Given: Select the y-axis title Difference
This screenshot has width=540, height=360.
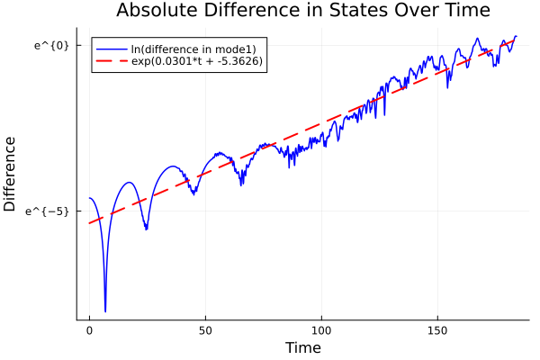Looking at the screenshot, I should point(10,174).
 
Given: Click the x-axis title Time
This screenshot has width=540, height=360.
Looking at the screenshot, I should point(302,347).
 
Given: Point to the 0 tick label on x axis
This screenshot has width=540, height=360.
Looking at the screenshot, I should point(89,331).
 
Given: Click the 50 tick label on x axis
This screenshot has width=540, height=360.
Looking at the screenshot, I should point(205,331).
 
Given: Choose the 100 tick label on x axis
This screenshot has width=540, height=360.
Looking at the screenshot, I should point(321,331).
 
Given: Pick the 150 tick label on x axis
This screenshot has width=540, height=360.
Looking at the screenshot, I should point(437,331).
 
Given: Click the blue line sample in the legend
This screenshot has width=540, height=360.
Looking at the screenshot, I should point(112,48).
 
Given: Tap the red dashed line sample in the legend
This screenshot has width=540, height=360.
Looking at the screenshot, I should point(112,62).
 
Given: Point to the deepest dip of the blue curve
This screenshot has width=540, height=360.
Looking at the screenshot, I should point(105,311).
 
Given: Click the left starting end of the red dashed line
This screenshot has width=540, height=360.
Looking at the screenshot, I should point(89,223).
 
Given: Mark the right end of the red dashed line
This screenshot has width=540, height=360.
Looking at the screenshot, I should point(517,38).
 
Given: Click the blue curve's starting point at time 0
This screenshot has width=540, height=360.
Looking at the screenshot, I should point(89,198).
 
